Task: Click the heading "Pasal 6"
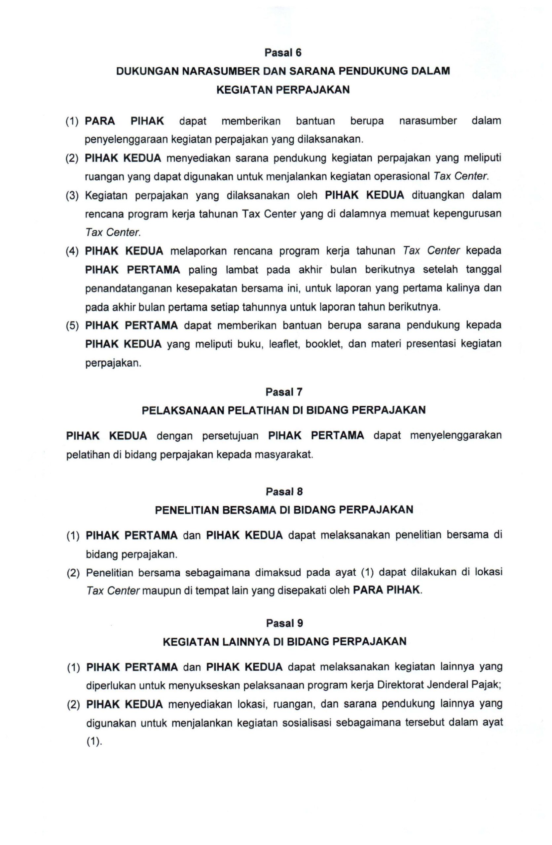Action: [x=283, y=52]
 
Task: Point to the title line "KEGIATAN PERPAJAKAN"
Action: [x=283, y=89]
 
